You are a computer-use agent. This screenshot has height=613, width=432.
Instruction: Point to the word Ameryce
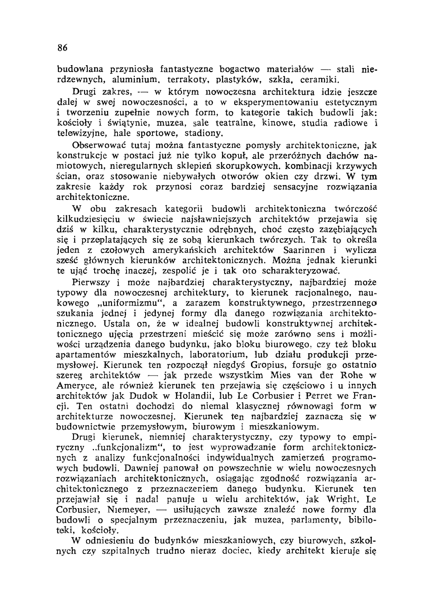coord(75,386)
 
